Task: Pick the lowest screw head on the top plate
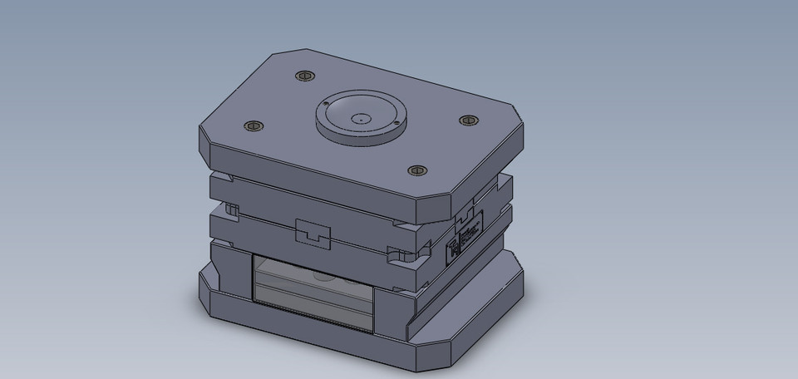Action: (416, 171)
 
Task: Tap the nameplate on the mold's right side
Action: (466, 238)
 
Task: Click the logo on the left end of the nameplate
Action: (454, 248)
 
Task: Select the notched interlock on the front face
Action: (313, 234)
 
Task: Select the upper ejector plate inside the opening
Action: (312, 274)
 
